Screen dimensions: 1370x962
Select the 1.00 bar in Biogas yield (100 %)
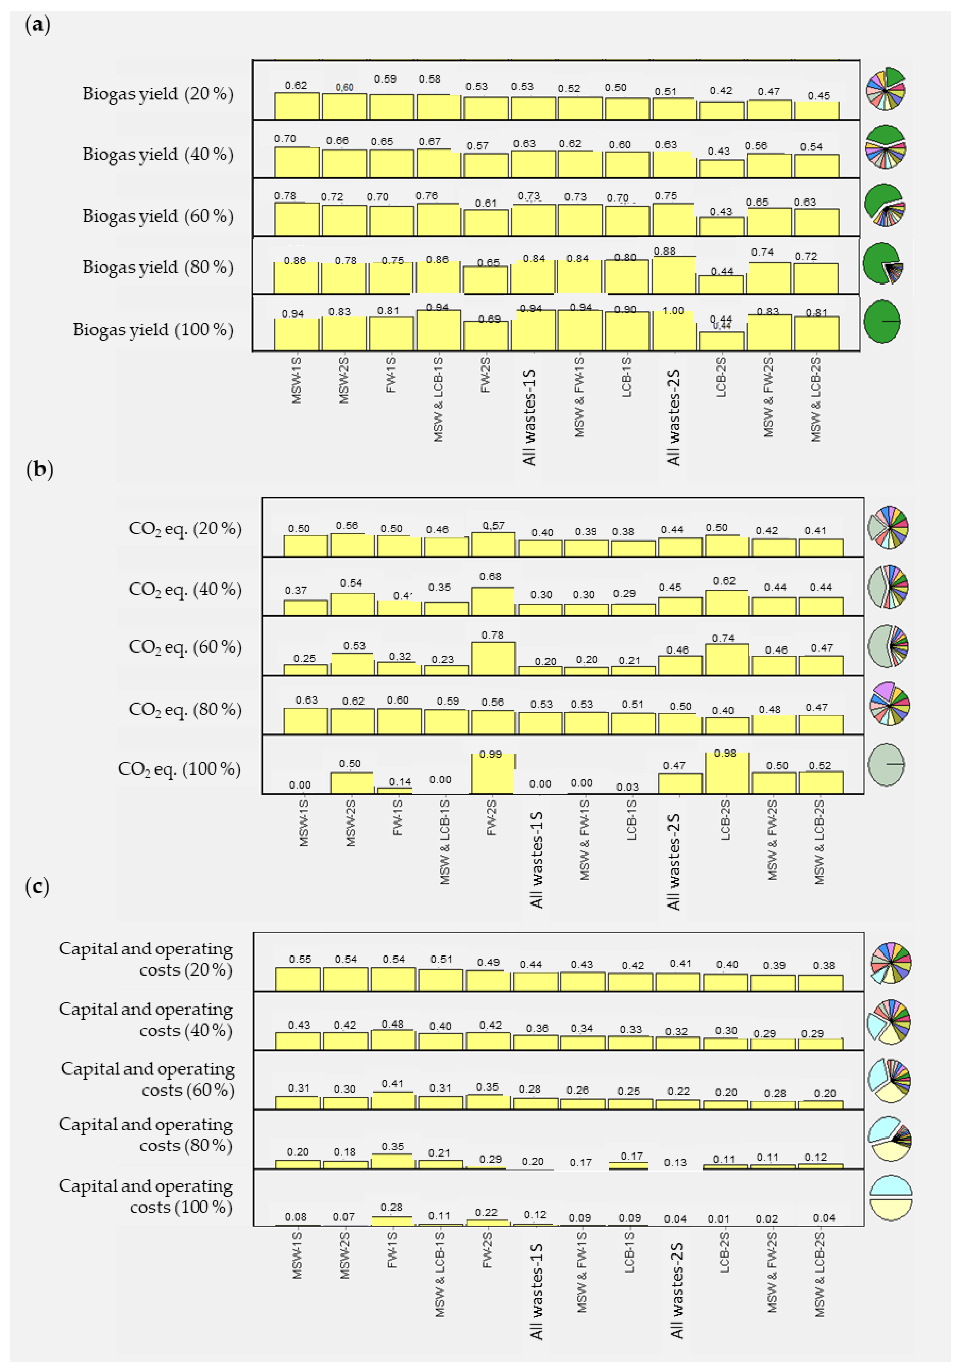pyautogui.click(x=674, y=331)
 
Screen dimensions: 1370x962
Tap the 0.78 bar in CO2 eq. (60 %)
pyautogui.click(x=493, y=659)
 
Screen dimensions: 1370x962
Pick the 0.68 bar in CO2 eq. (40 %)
pyautogui.click(x=493, y=602)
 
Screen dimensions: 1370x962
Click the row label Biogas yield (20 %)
pyautogui.click(x=158, y=94)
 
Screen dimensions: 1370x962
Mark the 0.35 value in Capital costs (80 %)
pyautogui.click(x=393, y=1146)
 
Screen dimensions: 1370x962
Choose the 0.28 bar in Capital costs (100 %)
pyautogui.click(x=392, y=1221)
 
